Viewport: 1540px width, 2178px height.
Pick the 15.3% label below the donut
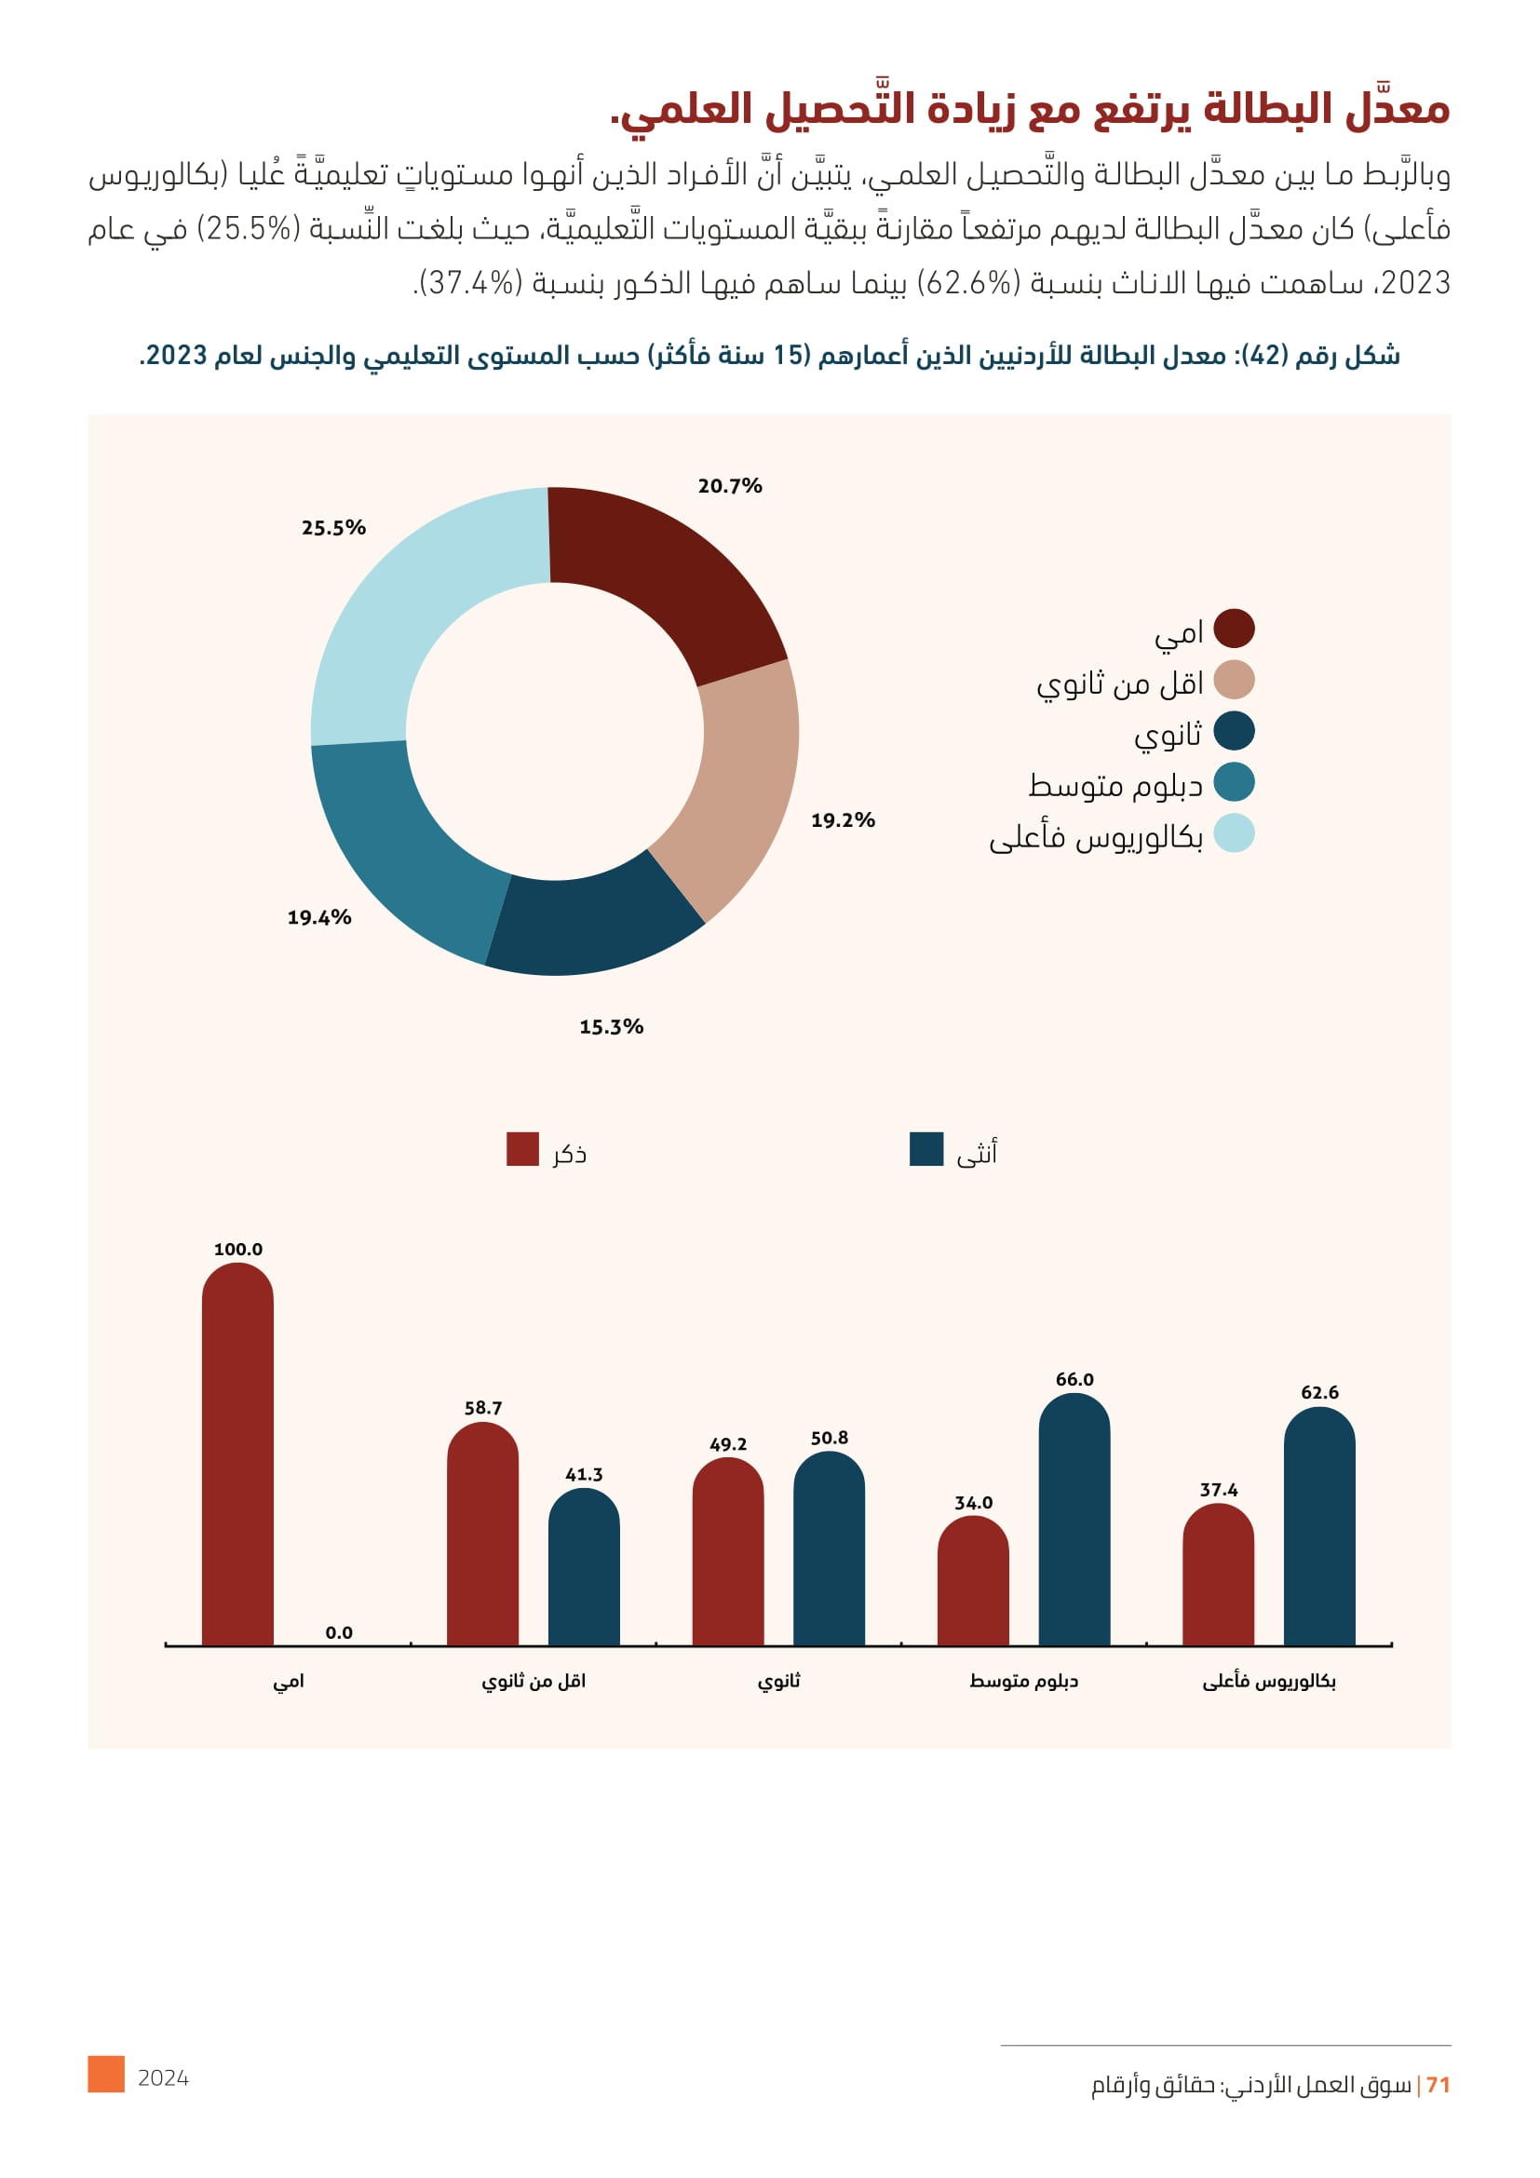click(611, 1026)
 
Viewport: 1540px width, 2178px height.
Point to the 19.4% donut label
click(319, 917)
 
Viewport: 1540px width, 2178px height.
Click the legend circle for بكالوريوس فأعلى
click(1234, 833)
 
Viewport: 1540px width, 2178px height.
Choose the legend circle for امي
click(1234, 629)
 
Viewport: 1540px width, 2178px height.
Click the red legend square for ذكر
click(522, 1149)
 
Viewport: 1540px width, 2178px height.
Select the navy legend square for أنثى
click(925, 1149)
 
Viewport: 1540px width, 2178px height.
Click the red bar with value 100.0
click(238, 1461)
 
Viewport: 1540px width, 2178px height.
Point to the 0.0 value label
click(339, 1632)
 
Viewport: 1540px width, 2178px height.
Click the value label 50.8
click(829, 1438)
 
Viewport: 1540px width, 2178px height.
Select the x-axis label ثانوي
click(778, 1681)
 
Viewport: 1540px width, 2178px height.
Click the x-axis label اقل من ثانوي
click(533, 1681)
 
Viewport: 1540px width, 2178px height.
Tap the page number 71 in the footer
click(1438, 2085)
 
